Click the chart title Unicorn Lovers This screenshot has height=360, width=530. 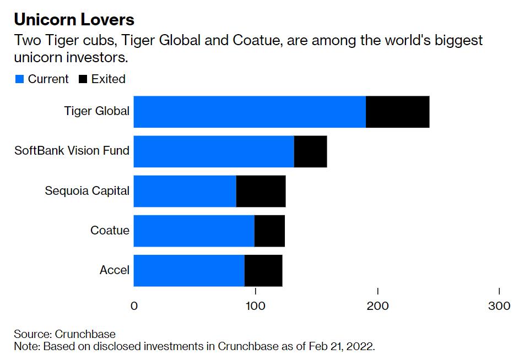click(x=74, y=20)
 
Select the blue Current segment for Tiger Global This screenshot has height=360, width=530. click(x=250, y=112)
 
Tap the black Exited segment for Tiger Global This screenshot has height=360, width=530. click(x=397, y=112)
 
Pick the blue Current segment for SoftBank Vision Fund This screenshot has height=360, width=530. click(x=214, y=151)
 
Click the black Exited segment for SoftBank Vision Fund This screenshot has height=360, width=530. click(x=310, y=151)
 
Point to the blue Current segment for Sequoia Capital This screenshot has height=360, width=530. click(x=185, y=191)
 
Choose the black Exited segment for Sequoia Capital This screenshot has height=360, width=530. click(x=261, y=191)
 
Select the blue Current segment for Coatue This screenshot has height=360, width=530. click(x=194, y=231)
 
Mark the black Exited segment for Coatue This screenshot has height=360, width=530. click(x=269, y=231)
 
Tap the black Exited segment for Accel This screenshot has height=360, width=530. click(x=263, y=270)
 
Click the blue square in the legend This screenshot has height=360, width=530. click(x=19, y=79)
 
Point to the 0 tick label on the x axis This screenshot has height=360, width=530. click(x=134, y=306)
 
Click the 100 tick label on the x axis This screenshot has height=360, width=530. click(x=255, y=306)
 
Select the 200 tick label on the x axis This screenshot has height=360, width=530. click(x=378, y=306)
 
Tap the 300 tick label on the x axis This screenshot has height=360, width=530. click(x=499, y=306)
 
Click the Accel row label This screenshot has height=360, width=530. click(x=115, y=270)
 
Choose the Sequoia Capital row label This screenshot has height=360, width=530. click(x=87, y=191)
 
